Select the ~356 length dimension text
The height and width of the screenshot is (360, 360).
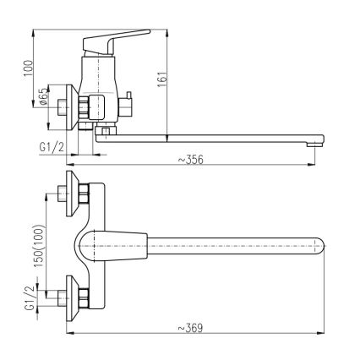click(191, 159)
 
